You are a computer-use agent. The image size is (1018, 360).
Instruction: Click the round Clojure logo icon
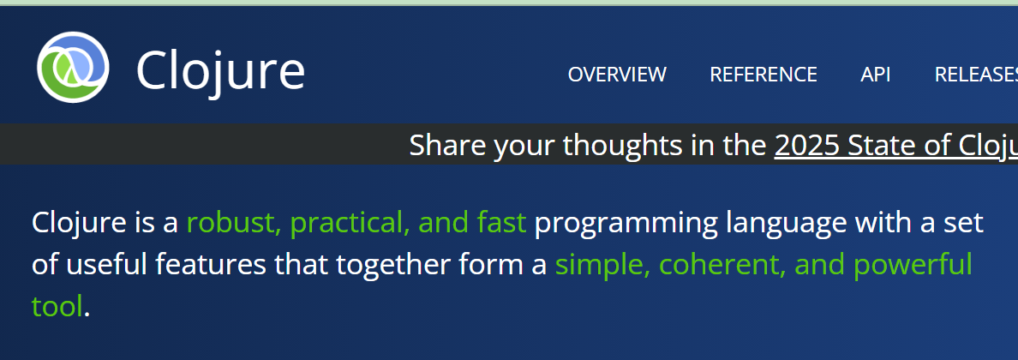73,67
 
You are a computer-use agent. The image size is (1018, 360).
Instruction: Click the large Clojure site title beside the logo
220,70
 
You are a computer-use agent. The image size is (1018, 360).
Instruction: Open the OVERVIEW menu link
617,75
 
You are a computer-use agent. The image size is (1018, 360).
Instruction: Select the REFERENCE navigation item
763,75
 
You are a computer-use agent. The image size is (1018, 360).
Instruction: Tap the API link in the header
876,75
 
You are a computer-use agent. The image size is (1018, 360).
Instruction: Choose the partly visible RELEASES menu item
976,75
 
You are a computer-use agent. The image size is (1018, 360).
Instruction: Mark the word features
211,264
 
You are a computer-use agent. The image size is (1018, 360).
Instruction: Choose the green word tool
57,305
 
